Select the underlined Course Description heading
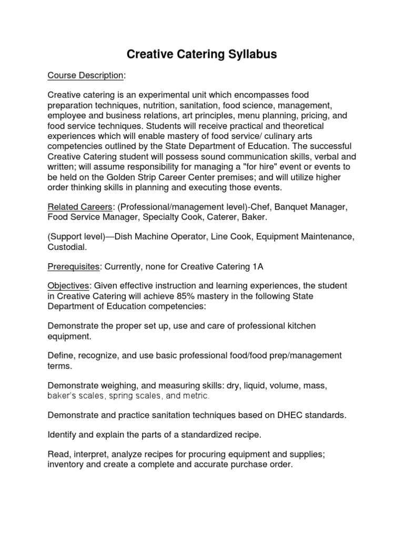85,75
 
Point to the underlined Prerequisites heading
73,266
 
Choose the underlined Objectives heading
68,286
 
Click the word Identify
63,435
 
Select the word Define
61,356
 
